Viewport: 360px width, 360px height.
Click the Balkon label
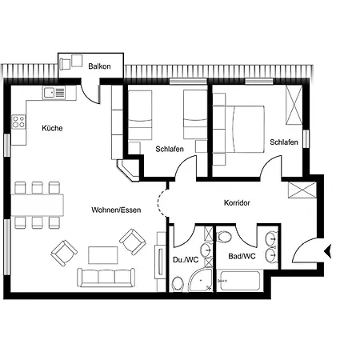tap(99, 66)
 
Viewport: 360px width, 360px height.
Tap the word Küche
tap(52, 128)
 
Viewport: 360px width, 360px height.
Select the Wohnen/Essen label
tap(116, 210)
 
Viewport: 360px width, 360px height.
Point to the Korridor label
tap(237, 202)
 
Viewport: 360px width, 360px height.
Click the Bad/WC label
tap(242, 256)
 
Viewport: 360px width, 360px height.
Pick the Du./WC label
tap(186, 259)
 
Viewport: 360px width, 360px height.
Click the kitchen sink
tap(54, 93)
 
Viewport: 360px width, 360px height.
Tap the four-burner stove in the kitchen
tap(18, 122)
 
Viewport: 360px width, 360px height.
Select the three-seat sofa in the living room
tap(106, 278)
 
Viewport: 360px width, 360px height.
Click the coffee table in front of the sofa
tap(103, 255)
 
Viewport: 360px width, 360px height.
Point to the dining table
tap(38, 205)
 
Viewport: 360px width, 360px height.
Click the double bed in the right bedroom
tap(246, 130)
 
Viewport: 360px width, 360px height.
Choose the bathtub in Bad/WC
tap(239, 281)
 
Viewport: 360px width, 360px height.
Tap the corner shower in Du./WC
tap(201, 280)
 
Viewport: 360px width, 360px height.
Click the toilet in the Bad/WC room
tap(225, 236)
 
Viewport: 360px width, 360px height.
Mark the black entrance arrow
tap(328, 251)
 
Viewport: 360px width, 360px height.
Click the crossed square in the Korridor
tap(302, 190)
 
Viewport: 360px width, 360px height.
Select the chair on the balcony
tap(66, 64)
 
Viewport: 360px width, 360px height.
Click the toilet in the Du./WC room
tap(178, 283)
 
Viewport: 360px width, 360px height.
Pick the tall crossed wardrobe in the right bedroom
tap(294, 105)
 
